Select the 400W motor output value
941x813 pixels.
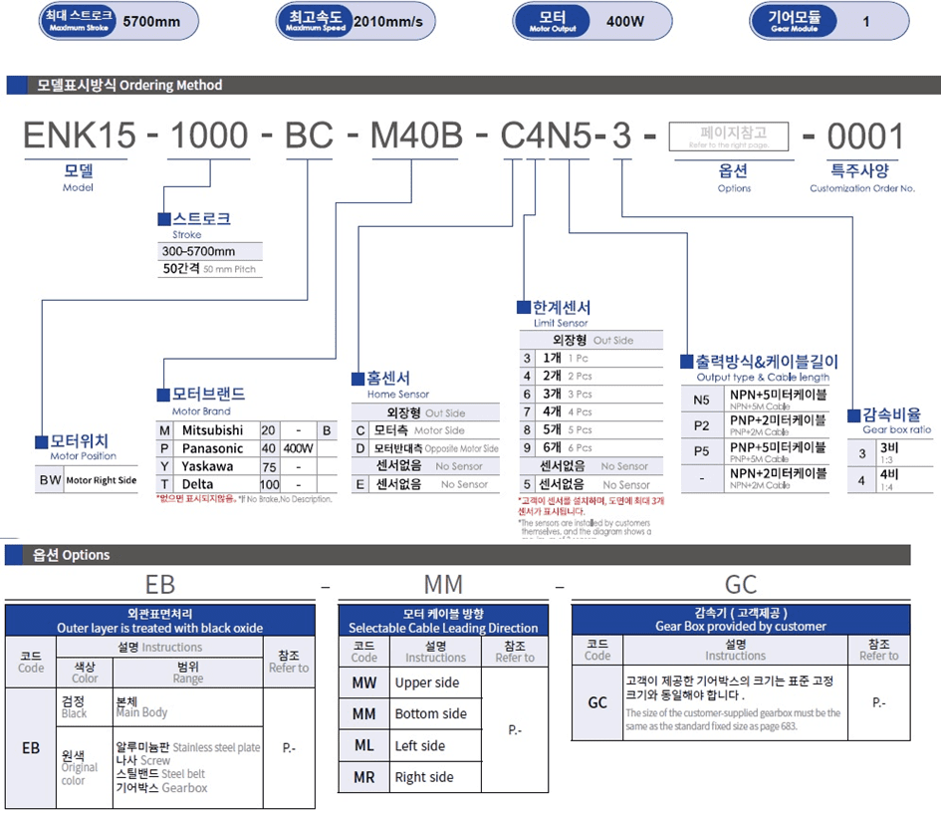click(625, 20)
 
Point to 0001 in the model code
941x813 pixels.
click(864, 136)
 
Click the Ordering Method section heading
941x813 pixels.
click(129, 86)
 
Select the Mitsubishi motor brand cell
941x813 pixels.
click(213, 429)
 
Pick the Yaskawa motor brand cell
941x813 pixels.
click(209, 465)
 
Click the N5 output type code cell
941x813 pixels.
click(701, 401)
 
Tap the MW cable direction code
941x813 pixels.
click(364, 682)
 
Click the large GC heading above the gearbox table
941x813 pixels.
click(741, 585)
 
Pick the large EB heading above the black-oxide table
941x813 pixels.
click(160, 585)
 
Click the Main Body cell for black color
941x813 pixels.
click(142, 706)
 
